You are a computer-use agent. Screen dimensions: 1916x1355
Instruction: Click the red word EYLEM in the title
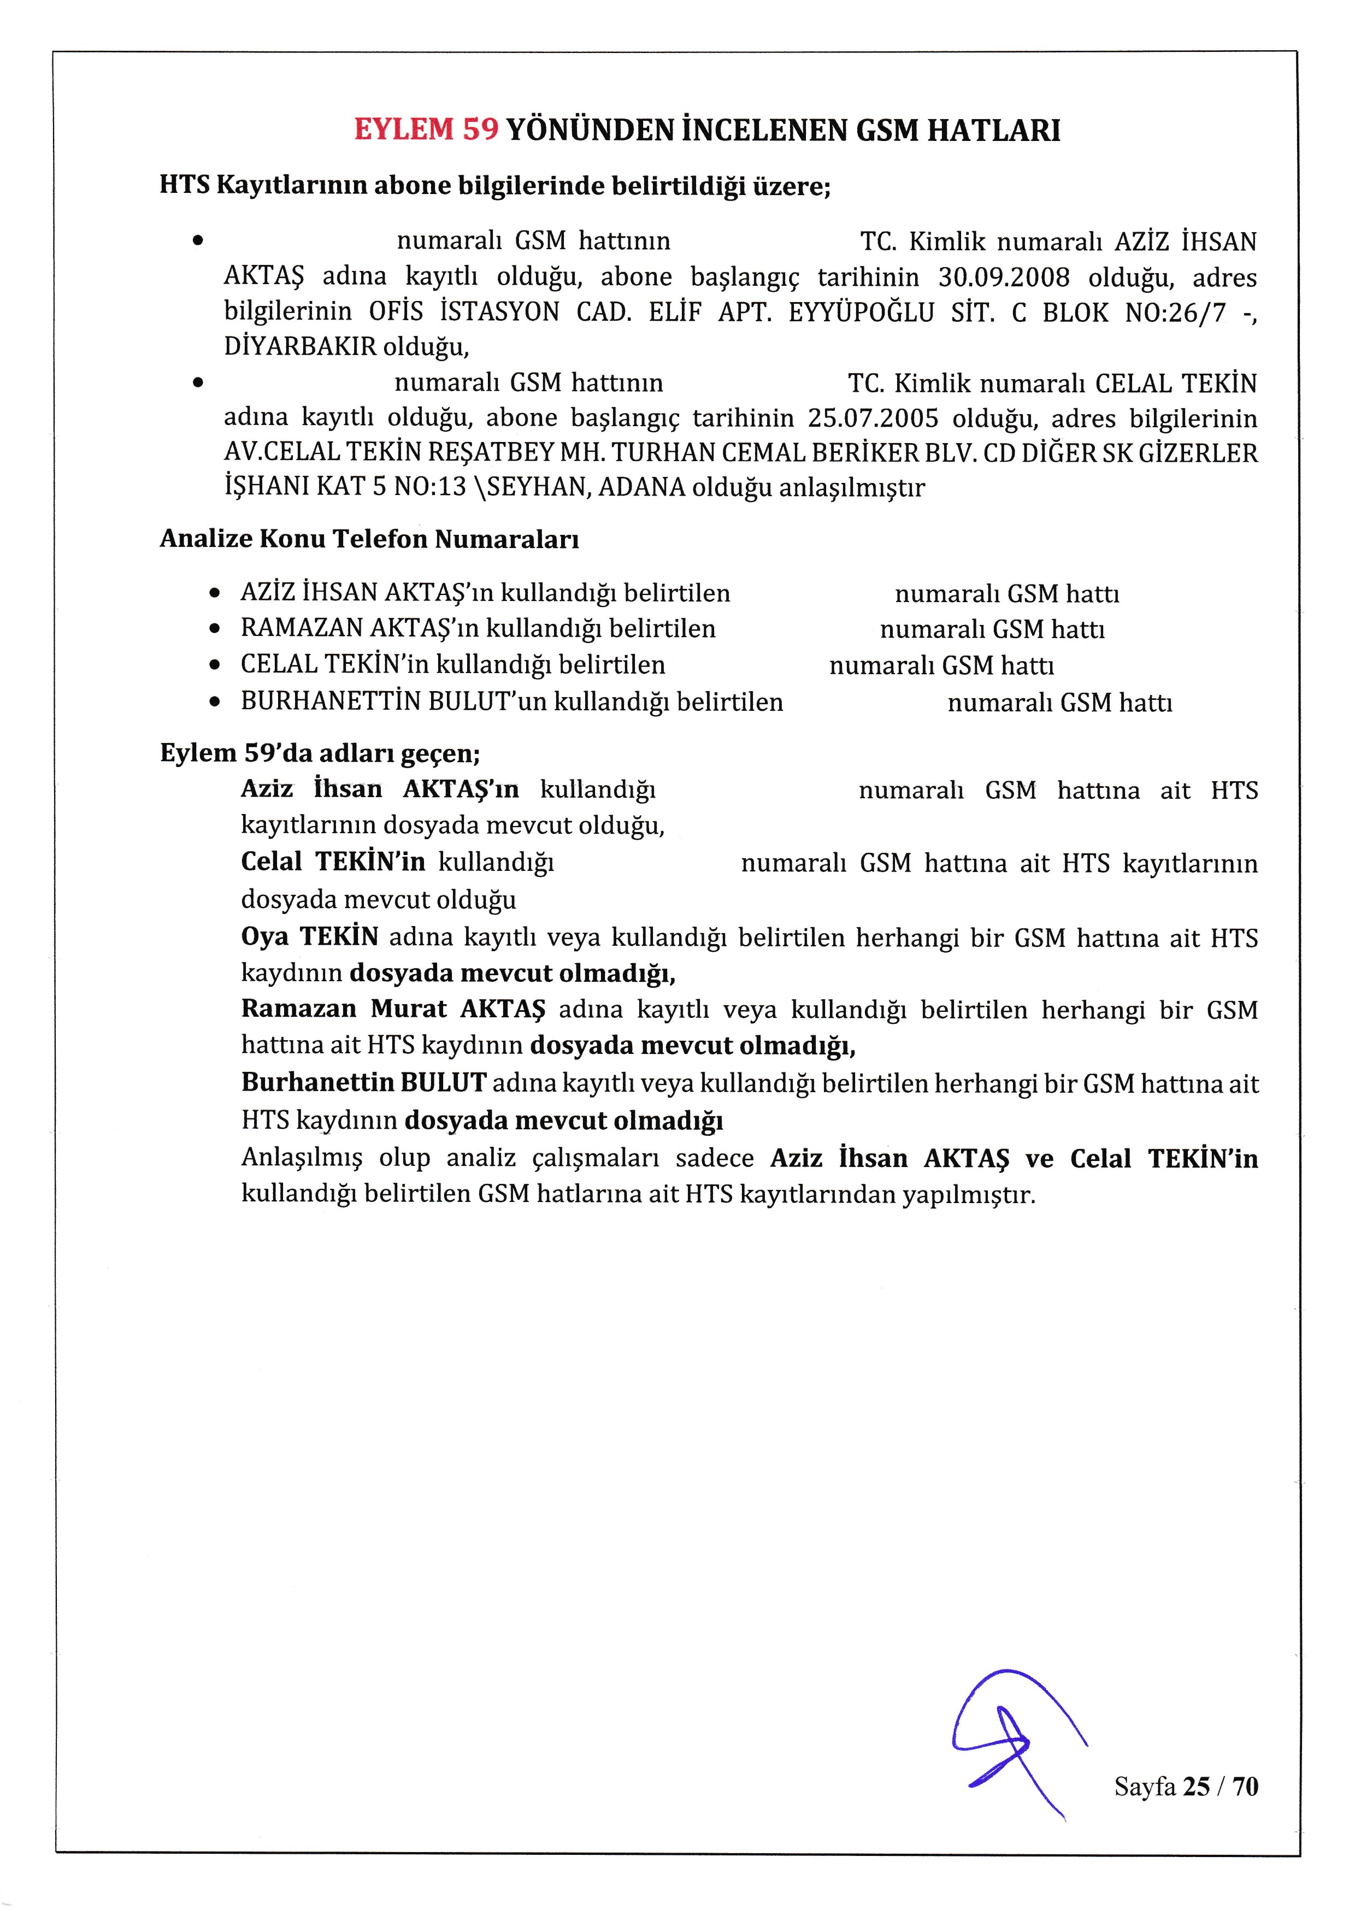[404, 130]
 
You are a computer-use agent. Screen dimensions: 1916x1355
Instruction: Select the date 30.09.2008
[1003, 277]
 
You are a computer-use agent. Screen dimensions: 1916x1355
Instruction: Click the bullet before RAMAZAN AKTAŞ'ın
[215, 629]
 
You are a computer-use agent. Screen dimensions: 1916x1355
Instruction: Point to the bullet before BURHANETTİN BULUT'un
[215, 703]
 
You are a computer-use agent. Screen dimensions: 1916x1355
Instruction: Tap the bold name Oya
[264, 937]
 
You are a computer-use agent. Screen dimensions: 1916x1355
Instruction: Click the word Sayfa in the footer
[1145, 1787]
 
